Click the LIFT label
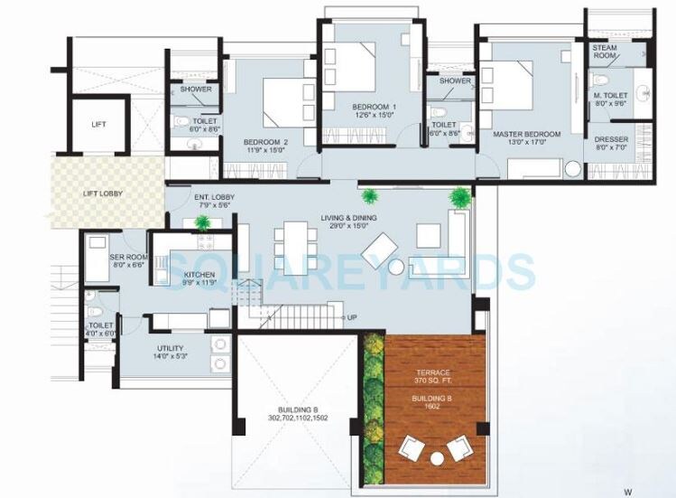coord(99,124)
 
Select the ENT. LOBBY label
coord(215,201)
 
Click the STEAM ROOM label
coord(605,52)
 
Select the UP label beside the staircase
coord(351,318)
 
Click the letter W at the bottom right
coord(625,492)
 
